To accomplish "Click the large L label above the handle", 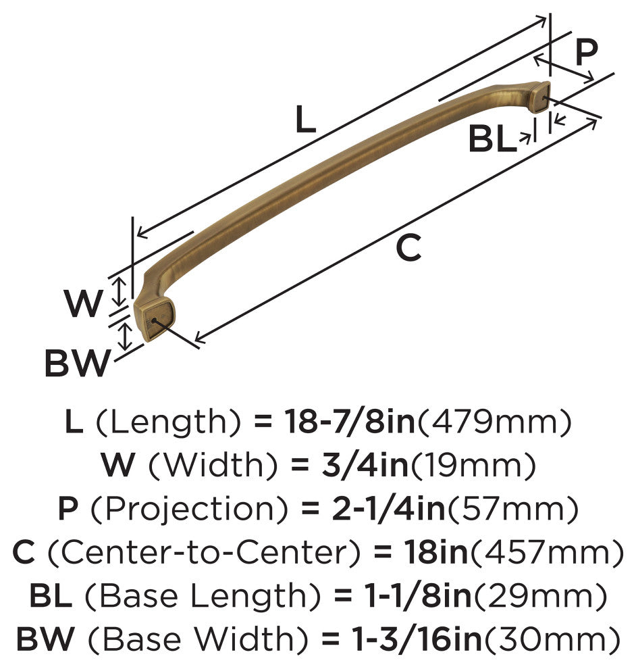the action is tap(306, 119).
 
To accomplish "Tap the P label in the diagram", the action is tap(586, 52).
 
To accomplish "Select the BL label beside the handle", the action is tap(492, 139).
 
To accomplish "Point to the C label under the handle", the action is tap(408, 247).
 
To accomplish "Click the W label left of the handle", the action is tap(84, 303).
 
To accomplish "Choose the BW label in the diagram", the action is tap(78, 363).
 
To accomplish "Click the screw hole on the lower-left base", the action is tap(154, 320).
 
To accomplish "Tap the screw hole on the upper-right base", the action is tap(543, 99).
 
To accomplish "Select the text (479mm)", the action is tap(494, 422).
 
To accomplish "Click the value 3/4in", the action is tap(365, 466).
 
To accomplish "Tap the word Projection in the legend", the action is tap(190, 510).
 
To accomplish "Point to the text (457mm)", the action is tap(546, 553).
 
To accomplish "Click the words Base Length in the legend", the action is tap(203, 597).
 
